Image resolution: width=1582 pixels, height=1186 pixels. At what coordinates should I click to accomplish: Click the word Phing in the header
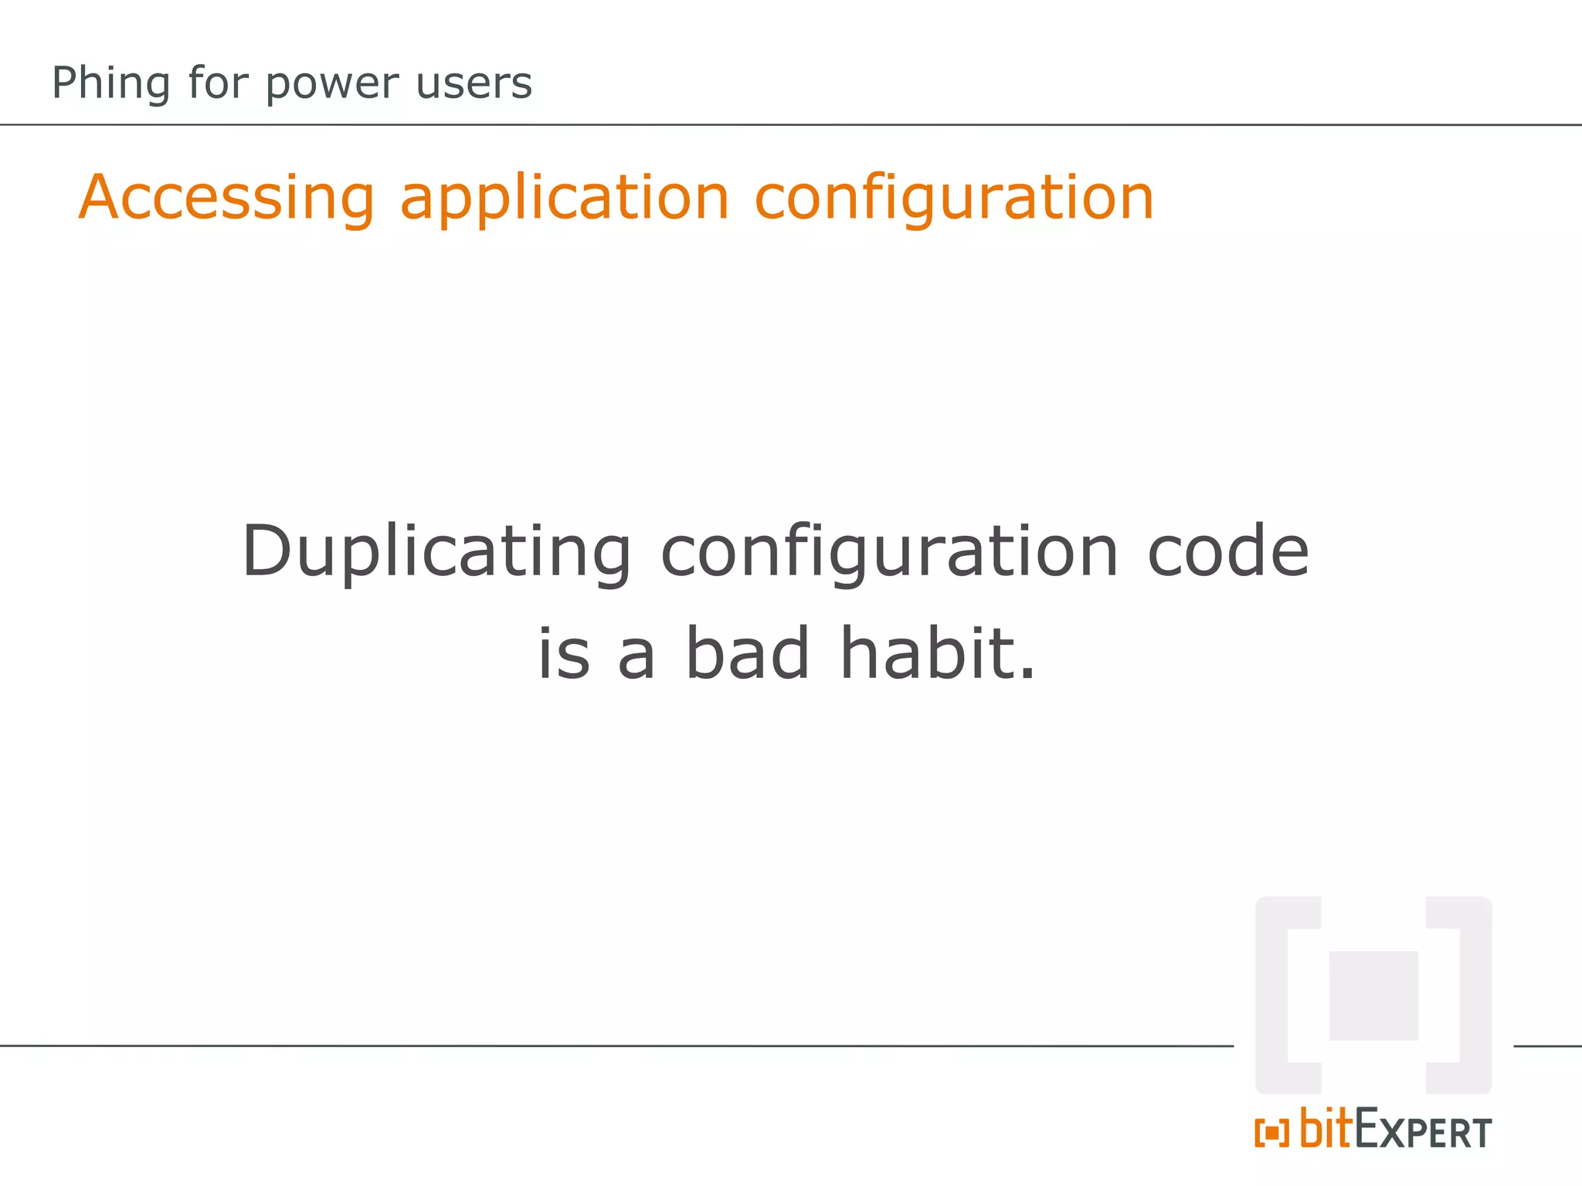point(110,83)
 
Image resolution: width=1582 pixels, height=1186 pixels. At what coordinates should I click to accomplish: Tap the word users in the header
point(474,83)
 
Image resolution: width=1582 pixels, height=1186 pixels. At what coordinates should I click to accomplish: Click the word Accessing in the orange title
point(226,198)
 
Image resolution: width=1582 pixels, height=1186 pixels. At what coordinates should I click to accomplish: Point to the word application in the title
point(564,198)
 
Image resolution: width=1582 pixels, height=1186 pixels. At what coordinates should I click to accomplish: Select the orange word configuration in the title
point(953,198)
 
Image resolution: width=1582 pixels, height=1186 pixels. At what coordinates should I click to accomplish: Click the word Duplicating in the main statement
point(436,552)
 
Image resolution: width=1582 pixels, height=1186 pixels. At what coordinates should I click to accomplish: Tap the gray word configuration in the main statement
point(889,552)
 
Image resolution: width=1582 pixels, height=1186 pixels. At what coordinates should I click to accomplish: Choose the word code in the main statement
point(1227,551)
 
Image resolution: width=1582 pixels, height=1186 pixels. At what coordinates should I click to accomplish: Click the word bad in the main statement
point(747,653)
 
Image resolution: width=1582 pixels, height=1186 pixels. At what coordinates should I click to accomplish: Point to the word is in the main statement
point(563,655)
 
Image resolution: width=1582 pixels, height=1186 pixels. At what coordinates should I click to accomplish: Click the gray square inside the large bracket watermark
point(1373,995)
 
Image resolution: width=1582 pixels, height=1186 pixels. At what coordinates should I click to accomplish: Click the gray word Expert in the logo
point(1423,1131)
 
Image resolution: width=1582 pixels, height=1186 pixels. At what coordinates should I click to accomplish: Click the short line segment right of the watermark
point(1547,1046)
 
